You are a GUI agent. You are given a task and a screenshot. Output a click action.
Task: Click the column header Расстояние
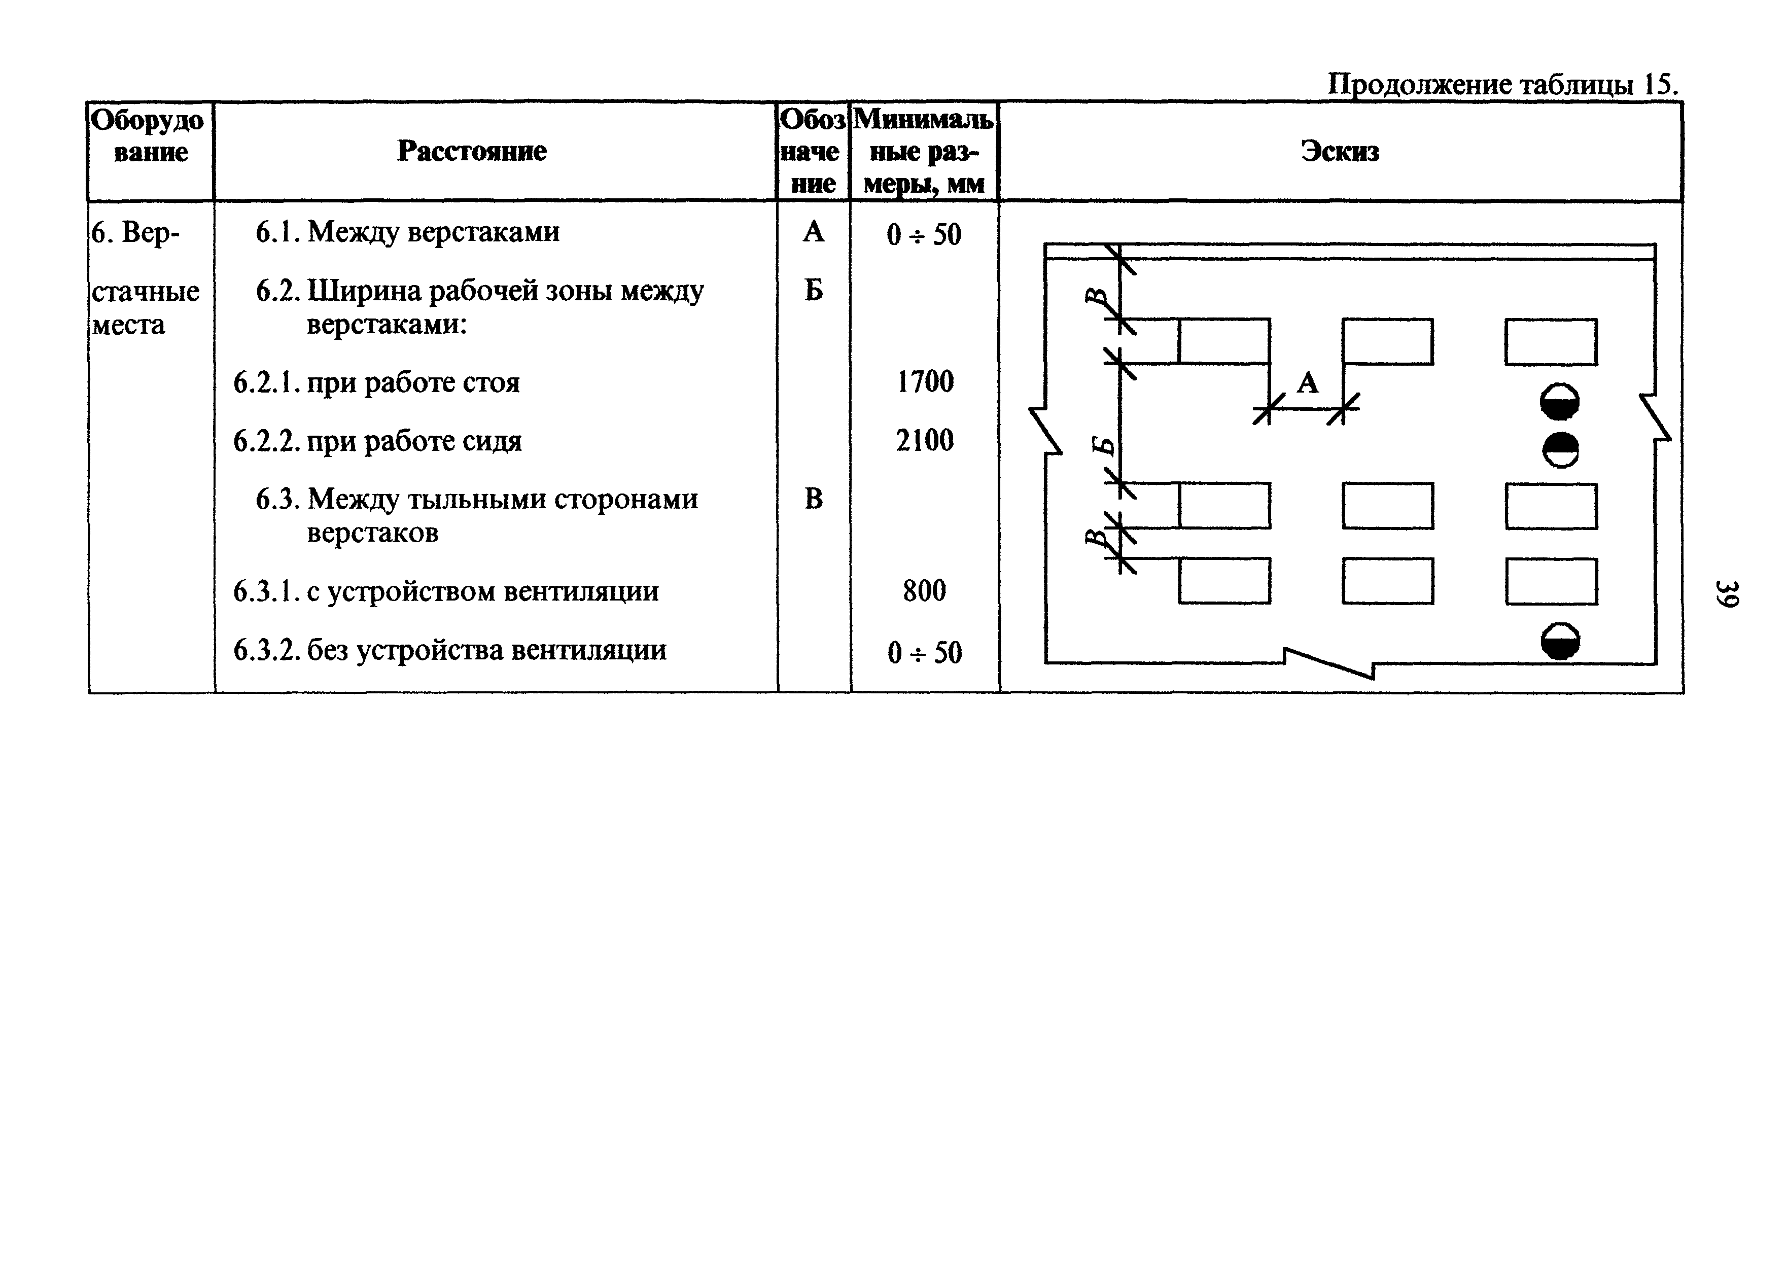click(x=471, y=151)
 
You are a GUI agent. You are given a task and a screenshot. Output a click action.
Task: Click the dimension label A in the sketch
click(x=1307, y=383)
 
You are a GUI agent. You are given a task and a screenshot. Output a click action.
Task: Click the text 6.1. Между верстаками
click(x=407, y=232)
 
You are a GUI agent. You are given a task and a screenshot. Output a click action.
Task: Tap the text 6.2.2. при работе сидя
click(x=377, y=441)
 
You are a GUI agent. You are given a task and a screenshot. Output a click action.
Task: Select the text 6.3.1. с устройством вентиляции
click(x=445, y=591)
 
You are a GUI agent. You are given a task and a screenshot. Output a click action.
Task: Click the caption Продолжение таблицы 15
click(x=1502, y=84)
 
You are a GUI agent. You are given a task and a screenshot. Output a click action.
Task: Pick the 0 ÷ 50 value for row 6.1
click(x=924, y=234)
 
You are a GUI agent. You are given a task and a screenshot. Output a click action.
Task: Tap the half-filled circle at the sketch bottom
click(x=1560, y=642)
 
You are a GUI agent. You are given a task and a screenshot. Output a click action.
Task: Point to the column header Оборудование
click(x=149, y=136)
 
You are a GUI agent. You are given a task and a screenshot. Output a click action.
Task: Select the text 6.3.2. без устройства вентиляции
click(x=449, y=650)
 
